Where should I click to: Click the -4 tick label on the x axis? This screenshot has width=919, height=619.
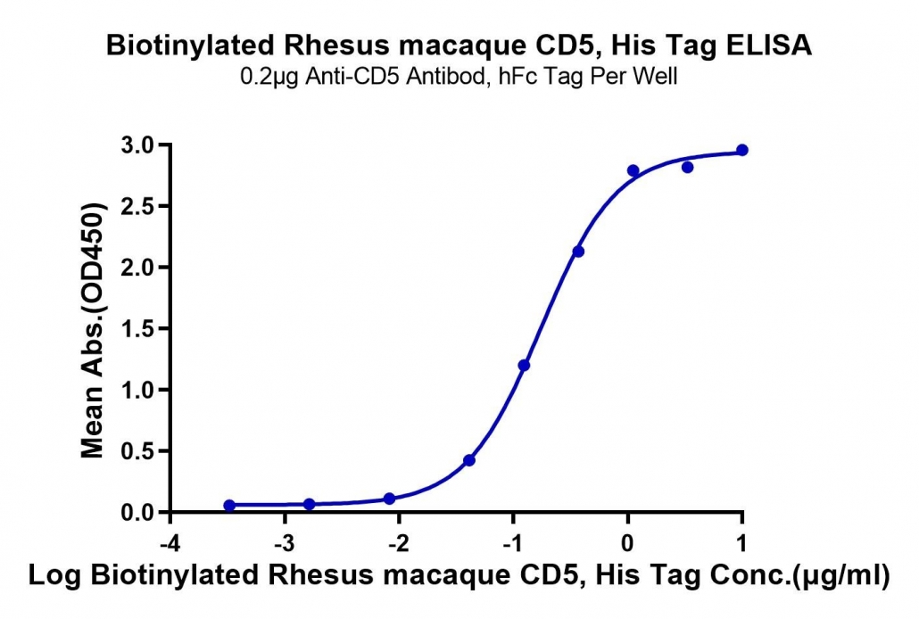[x=170, y=544]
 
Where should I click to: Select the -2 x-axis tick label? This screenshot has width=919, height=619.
[x=399, y=544]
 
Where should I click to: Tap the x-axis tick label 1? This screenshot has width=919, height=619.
[x=742, y=544]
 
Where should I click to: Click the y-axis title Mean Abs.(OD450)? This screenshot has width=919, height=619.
[x=93, y=330]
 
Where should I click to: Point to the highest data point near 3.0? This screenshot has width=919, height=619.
[x=742, y=150]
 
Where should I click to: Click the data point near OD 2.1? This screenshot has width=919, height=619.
[x=578, y=252]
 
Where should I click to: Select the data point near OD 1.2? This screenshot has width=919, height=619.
[x=524, y=365]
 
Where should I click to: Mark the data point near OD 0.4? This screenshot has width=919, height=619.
[x=469, y=460]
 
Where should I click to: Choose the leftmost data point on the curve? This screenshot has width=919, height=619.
[x=229, y=506]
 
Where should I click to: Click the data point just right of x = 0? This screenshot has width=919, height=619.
[x=633, y=170]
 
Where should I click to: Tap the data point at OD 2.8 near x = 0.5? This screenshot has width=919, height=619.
[x=688, y=167]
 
